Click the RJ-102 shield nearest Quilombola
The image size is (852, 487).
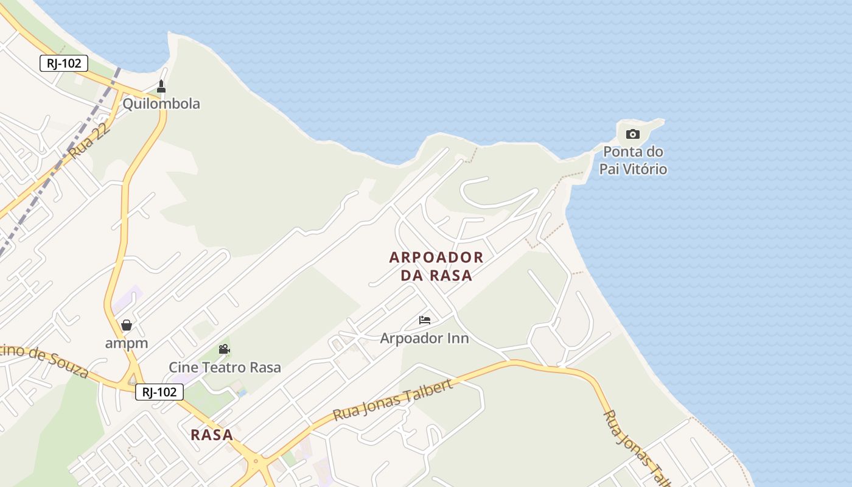coord(64,63)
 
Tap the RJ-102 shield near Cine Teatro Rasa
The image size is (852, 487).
coord(159,392)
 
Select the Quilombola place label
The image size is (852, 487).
coord(161,103)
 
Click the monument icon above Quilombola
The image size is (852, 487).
coord(161,86)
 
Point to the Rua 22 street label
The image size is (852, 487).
coord(89,141)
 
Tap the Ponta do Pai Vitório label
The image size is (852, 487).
coord(633,160)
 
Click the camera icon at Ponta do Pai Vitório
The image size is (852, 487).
coord(633,134)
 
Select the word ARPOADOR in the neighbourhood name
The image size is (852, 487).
coord(436,258)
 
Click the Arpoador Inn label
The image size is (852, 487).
coord(424,338)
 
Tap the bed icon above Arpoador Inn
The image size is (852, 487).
coord(425,320)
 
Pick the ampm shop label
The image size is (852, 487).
coord(127,343)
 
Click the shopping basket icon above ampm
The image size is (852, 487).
coord(127,325)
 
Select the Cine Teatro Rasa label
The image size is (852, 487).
coord(225,367)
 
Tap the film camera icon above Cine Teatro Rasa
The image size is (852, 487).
coord(224,349)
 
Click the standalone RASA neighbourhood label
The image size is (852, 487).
coord(212,435)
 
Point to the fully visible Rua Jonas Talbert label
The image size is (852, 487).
coord(393,400)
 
